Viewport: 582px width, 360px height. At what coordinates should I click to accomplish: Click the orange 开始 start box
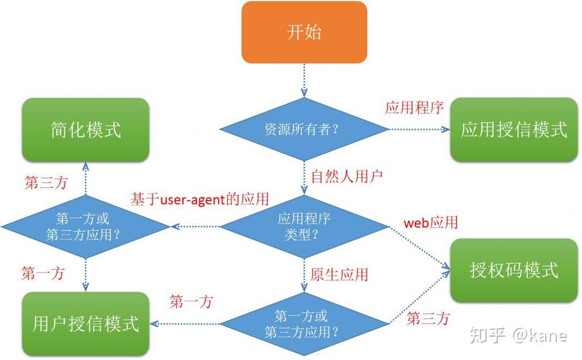pyautogui.click(x=304, y=32)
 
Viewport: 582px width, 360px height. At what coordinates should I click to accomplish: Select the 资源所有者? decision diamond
pyautogui.click(x=304, y=129)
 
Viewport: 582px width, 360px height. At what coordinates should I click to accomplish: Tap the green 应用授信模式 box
pyautogui.click(x=514, y=130)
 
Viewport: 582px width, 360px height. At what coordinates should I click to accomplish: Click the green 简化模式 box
pyautogui.click(x=86, y=130)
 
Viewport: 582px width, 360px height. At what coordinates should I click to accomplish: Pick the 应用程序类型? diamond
pyautogui.click(x=304, y=226)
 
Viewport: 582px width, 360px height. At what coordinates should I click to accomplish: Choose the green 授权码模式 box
pyautogui.click(x=514, y=270)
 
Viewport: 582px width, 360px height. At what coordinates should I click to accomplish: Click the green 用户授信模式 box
pyautogui.click(x=86, y=324)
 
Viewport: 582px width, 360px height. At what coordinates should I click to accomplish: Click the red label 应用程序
pyautogui.click(x=414, y=108)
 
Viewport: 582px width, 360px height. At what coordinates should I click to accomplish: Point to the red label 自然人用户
pyautogui.click(x=347, y=175)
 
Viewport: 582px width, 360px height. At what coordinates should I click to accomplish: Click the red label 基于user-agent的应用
pyautogui.click(x=200, y=200)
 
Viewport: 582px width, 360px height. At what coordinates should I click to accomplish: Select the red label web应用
pyautogui.click(x=430, y=222)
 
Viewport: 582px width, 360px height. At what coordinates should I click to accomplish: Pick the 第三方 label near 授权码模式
pyautogui.click(x=428, y=319)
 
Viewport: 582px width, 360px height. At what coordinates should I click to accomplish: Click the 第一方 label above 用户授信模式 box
pyautogui.click(x=43, y=274)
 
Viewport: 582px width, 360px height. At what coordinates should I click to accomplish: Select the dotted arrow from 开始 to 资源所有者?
pyautogui.click(x=304, y=79)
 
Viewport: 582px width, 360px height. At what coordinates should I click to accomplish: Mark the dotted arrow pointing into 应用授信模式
pyautogui.click(x=418, y=129)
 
